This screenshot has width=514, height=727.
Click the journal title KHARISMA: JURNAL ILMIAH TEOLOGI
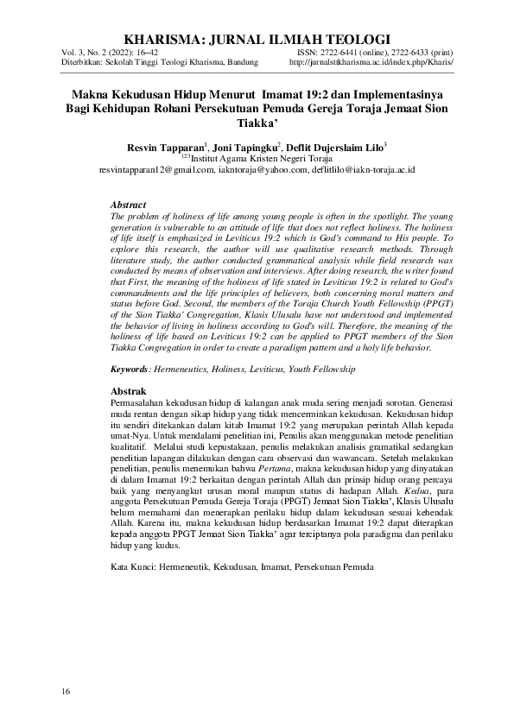[x=257, y=40]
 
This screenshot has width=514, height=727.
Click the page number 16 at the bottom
[x=66, y=692]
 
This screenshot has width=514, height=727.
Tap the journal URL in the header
[x=371, y=63]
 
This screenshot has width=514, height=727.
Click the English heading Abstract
[x=128, y=205]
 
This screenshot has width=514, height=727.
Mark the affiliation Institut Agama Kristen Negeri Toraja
[x=259, y=159]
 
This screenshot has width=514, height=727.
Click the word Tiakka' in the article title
[x=257, y=123]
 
